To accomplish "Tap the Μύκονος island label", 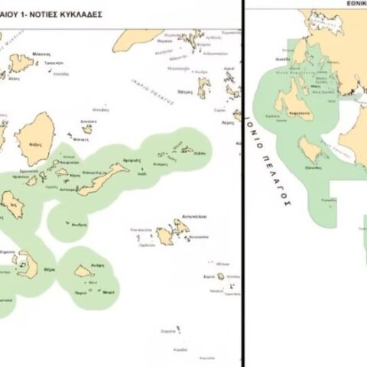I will point(41,54).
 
